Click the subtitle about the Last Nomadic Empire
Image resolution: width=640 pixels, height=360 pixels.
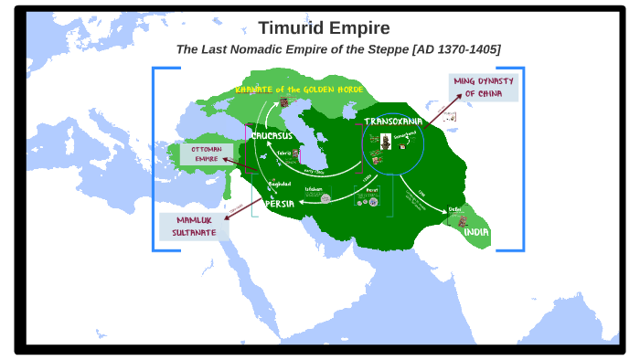coord(337,49)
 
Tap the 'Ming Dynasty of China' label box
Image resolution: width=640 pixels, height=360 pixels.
coord(483,88)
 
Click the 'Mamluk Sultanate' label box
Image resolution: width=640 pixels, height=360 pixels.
coord(194,226)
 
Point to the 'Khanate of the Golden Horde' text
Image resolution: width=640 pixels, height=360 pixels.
coord(299,90)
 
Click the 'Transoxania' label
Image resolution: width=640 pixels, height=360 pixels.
coord(393,122)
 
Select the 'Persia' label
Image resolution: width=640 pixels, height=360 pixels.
coord(280,204)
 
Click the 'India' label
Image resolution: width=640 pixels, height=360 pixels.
coord(476,232)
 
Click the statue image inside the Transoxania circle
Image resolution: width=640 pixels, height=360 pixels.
coord(386,142)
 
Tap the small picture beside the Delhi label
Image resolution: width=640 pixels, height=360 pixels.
coord(463,221)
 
